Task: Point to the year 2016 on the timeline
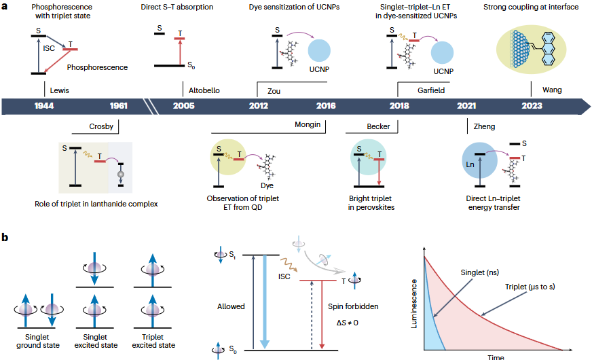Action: click(x=326, y=106)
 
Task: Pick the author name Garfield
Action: click(x=431, y=90)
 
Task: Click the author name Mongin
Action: click(x=307, y=125)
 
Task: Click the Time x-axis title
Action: click(x=495, y=357)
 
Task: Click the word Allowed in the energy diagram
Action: click(x=232, y=306)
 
